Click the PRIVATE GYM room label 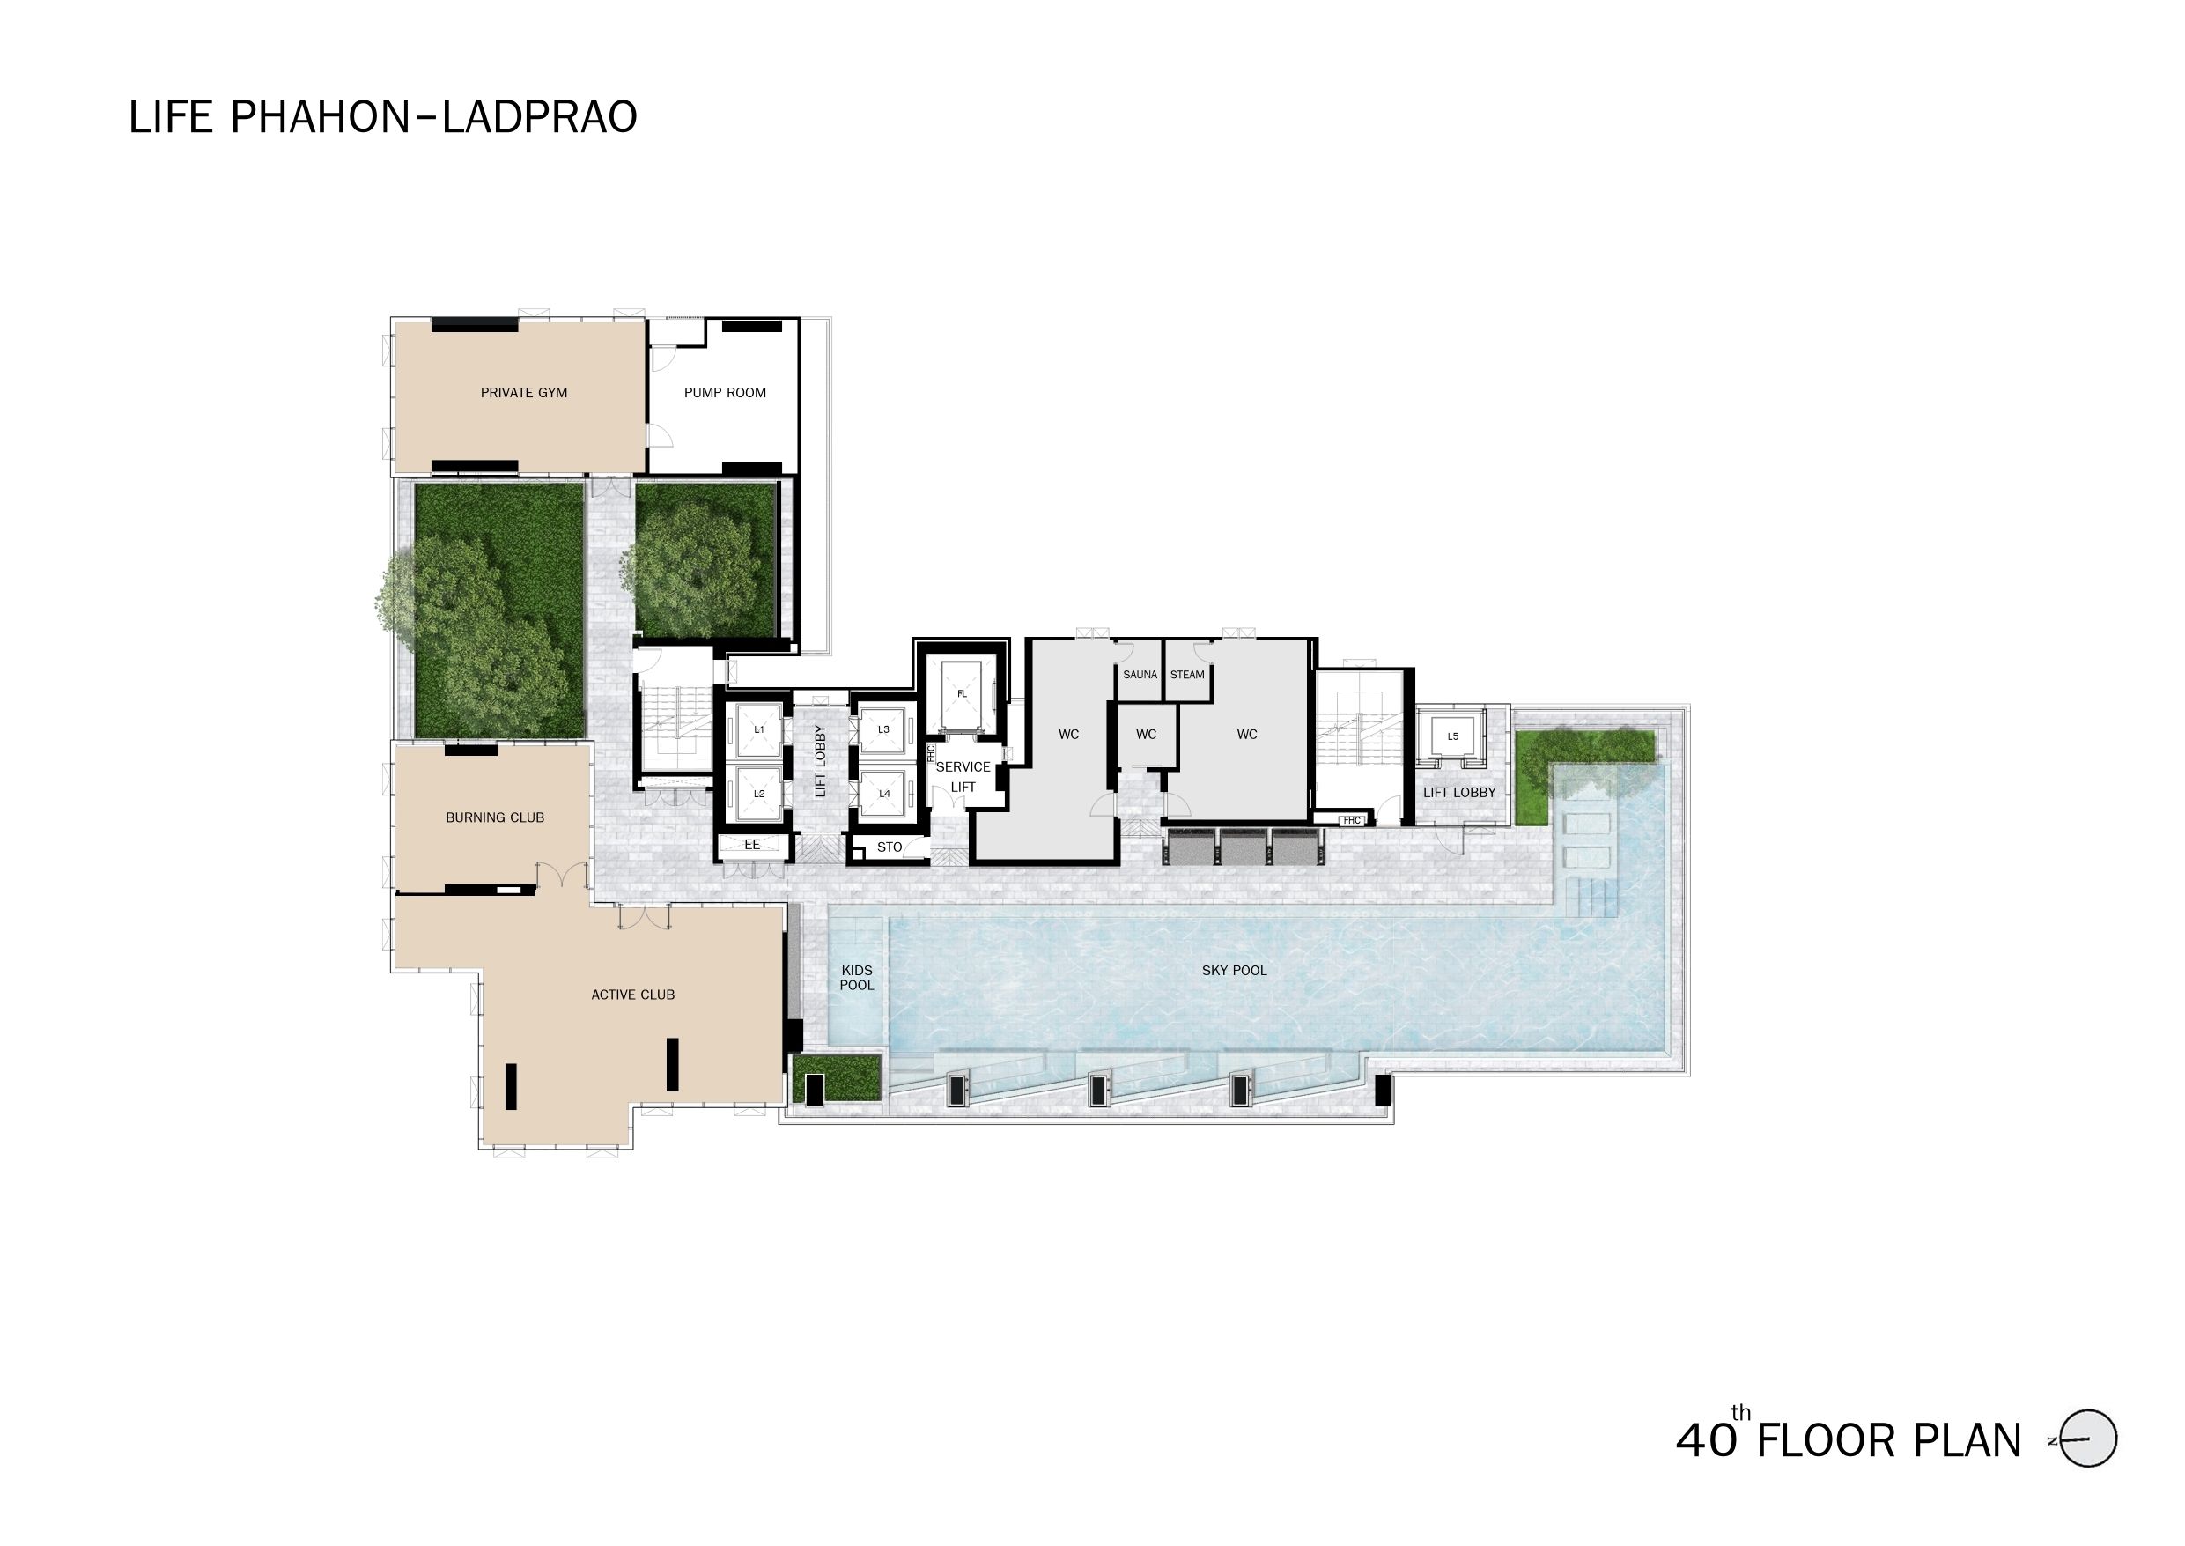[x=523, y=392]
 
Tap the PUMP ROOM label [x=724, y=392]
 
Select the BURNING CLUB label [x=495, y=817]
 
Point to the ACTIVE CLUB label [x=633, y=995]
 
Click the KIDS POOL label [x=857, y=978]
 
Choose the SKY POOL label [x=1235, y=970]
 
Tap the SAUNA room [x=1140, y=675]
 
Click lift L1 [x=758, y=730]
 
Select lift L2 [x=758, y=794]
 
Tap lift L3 [x=884, y=730]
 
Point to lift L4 [x=884, y=794]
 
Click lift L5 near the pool [x=1452, y=736]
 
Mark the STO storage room [x=890, y=847]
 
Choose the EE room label [x=752, y=845]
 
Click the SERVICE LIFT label [x=963, y=777]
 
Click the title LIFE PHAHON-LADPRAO [x=382, y=117]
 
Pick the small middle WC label [x=1146, y=734]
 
